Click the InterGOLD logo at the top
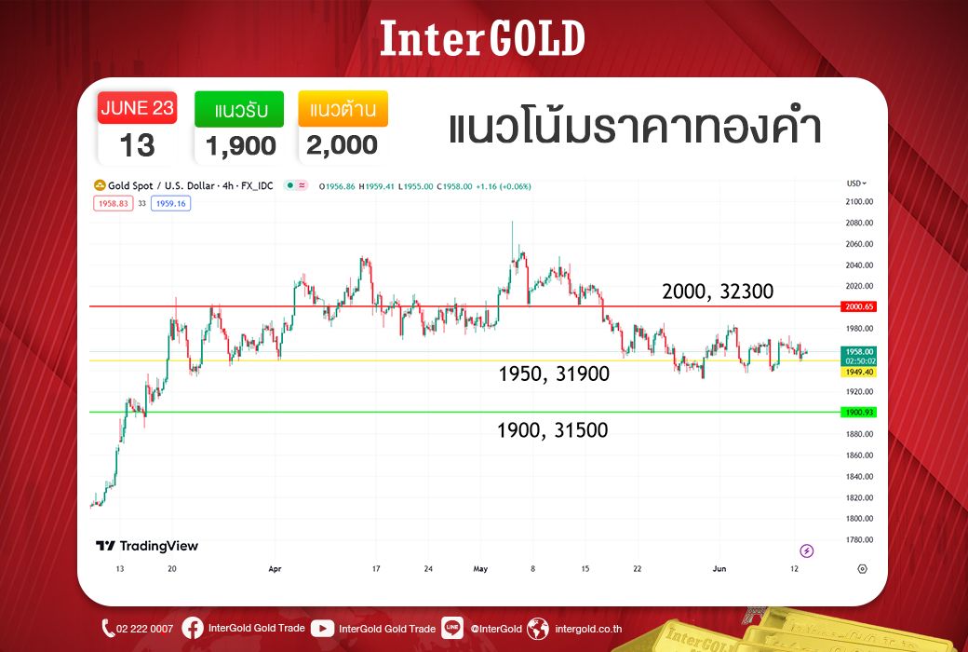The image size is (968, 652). pos(482,38)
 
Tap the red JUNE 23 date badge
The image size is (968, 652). pos(137,107)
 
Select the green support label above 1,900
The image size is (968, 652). pos(239,109)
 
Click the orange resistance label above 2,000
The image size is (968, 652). pos(343,109)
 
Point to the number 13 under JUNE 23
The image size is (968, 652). pos(137,146)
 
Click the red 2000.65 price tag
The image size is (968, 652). pos(859,306)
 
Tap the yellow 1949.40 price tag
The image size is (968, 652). pos(859,372)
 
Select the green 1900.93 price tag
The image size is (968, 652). pos(859,413)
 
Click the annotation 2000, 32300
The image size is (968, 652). pos(718,292)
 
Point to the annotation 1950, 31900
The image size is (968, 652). pos(554,374)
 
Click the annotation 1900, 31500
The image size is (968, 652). pos(553,430)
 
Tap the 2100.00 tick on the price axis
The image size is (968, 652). pos(859,201)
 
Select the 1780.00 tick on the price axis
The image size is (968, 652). pos(859,539)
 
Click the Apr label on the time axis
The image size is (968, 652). pos(275,568)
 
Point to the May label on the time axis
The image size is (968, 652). pos(480,568)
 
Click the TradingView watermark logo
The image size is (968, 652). pos(147,546)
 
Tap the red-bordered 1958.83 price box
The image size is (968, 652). pos(113,203)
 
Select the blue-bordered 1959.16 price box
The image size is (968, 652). pos(170,203)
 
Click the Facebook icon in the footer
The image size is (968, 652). pos(192,629)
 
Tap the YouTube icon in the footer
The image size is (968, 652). pos(322,629)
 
